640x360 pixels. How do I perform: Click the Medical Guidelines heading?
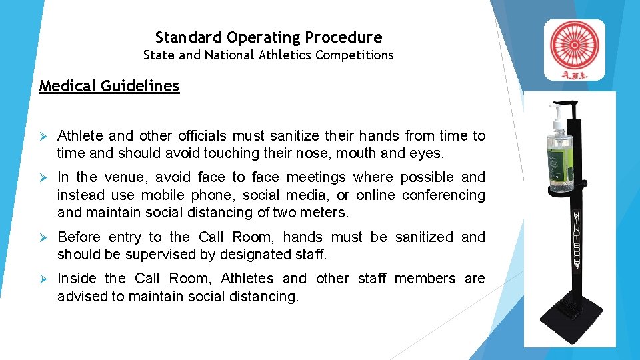(x=109, y=86)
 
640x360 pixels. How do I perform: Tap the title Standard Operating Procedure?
(x=269, y=37)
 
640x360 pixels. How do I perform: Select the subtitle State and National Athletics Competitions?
(x=269, y=55)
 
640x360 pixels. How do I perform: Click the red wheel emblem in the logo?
(x=575, y=45)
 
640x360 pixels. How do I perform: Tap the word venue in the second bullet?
(x=125, y=177)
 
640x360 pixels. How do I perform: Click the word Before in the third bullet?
(x=79, y=237)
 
